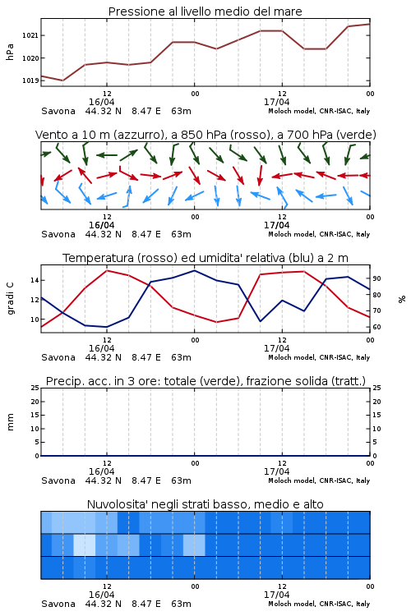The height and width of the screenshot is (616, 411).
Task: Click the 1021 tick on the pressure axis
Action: click(x=30, y=36)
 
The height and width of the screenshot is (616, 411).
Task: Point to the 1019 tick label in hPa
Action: click(x=30, y=81)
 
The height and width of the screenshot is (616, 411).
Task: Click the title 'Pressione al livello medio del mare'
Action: click(x=205, y=11)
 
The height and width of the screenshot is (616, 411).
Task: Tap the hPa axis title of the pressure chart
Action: click(x=10, y=52)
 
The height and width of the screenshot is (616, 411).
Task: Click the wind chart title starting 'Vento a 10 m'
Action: click(x=205, y=135)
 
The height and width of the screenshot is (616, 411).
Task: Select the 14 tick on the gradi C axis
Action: click(x=35, y=281)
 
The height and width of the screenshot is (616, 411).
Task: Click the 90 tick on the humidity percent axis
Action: click(x=376, y=278)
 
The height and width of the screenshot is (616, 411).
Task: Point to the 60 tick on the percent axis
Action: click(x=376, y=327)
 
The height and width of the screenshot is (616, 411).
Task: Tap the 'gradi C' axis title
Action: click(x=10, y=299)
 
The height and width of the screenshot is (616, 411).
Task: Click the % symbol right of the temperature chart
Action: click(x=402, y=299)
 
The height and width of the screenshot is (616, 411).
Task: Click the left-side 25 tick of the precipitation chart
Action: click(x=35, y=388)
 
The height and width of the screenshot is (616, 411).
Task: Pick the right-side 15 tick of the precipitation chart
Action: click(x=376, y=415)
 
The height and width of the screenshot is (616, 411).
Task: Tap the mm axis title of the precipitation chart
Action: click(x=10, y=422)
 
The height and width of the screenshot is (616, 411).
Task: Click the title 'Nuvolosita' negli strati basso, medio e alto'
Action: click(x=205, y=504)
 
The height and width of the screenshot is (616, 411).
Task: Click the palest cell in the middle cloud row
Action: click(x=85, y=545)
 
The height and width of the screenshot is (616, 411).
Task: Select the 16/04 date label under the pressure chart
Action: click(x=101, y=102)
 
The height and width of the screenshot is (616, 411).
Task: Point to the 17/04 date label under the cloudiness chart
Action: click(x=276, y=595)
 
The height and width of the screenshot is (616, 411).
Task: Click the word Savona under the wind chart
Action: click(x=58, y=235)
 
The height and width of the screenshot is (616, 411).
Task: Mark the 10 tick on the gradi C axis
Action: click(x=35, y=319)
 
